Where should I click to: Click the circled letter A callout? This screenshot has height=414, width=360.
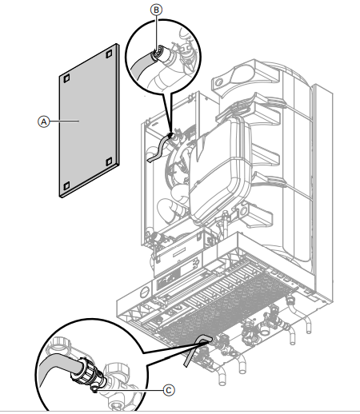tap(43, 121)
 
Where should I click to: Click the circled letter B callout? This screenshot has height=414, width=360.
tap(156, 10)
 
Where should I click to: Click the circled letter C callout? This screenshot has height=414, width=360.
tap(169, 390)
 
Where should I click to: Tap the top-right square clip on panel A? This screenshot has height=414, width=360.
tap(109, 54)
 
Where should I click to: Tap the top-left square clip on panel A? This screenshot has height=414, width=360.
tap(66, 78)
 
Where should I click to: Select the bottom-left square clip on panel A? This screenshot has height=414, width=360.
tap(66, 185)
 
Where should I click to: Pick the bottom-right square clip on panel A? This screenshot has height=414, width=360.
tap(109, 161)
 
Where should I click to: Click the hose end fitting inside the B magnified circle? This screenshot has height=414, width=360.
tap(158, 53)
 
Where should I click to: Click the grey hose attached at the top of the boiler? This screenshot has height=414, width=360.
tap(159, 148)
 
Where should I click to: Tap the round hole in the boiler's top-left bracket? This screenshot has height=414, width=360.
tap(218, 82)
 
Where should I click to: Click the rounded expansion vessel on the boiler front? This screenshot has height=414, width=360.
tap(219, 170)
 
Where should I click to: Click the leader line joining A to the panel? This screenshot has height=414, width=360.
tap(64, 121)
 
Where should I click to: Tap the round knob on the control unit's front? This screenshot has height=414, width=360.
tap(144, 292)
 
